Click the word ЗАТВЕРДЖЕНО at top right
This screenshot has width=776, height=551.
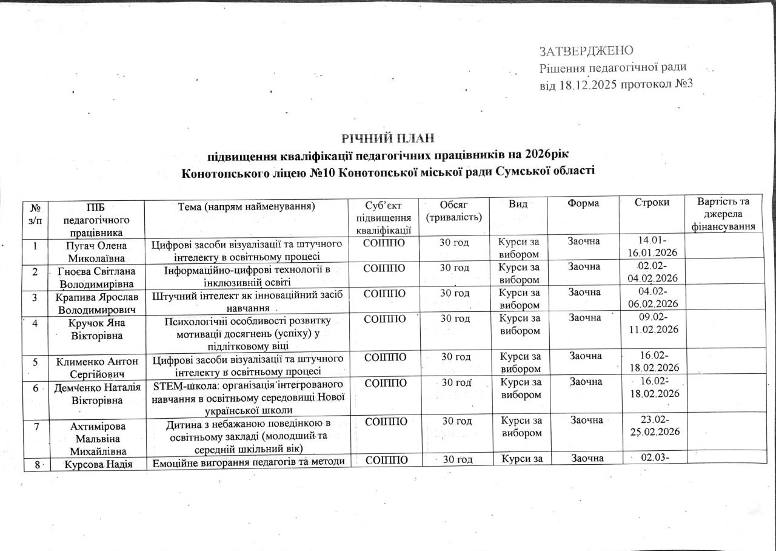[x=586, y=50]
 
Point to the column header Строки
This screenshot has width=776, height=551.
[x=652, y=203]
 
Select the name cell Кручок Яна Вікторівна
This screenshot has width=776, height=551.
[x=97, y=328]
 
